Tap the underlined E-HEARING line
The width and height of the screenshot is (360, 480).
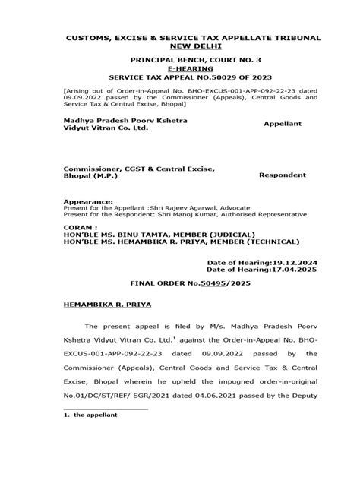point(180,68)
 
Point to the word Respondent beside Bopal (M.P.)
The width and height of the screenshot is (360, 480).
point(284,174)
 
